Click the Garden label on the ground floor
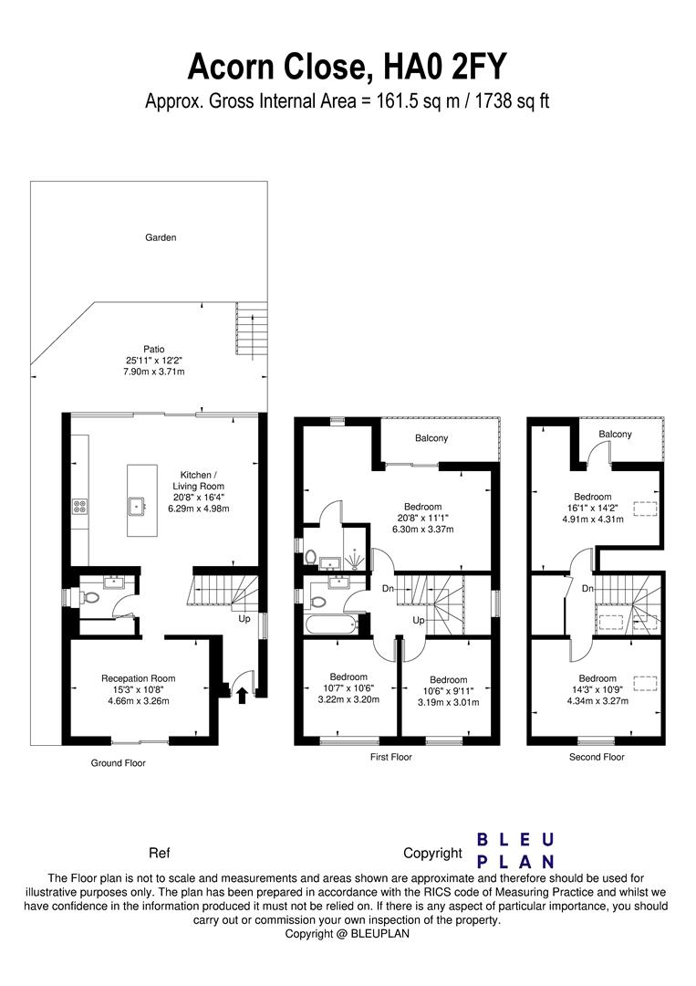(x=161, y=237)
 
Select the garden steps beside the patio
(x=251, y=323)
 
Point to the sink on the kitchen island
(x=137, y=502)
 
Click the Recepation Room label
(x=138, y=678)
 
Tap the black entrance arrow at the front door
(x=242, y=698)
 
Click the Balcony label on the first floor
(x=431, y=438)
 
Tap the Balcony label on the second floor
(x=615, y=434)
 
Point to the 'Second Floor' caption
(x=596, y=757)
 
